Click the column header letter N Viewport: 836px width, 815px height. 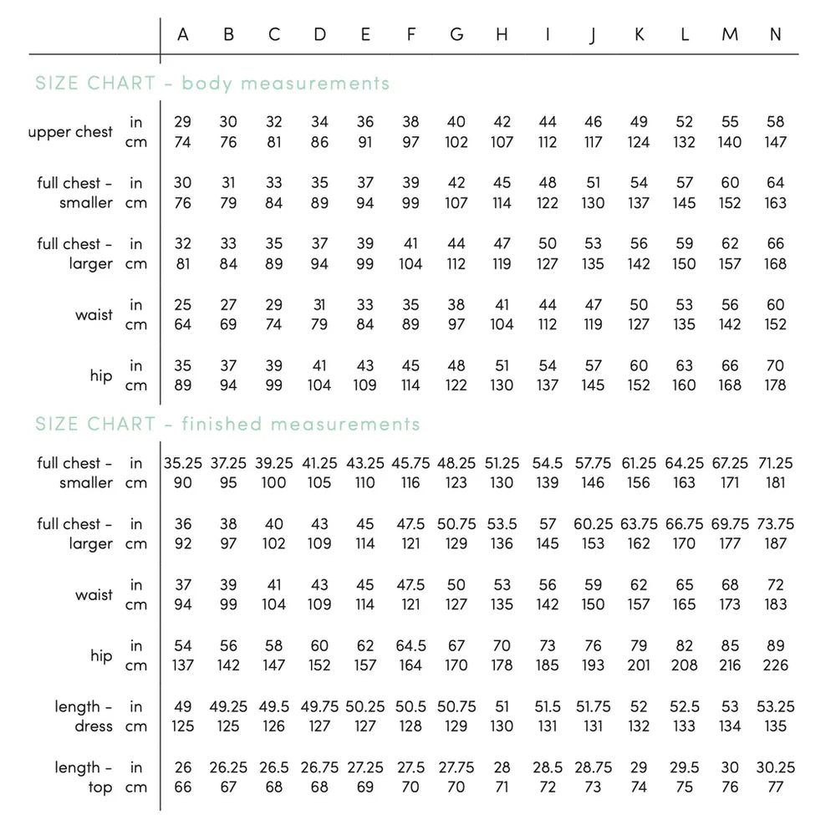coord(775,34)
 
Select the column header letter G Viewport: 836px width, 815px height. coord(456,34)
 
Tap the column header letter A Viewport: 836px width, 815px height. coord(183,34)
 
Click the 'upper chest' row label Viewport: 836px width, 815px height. coord(70,132)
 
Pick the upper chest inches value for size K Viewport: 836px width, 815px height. coord(639,122)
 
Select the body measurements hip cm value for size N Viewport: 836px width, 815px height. coord(775,385)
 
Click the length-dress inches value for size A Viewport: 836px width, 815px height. coord(183,706)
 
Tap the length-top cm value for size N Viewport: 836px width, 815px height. coord(775,787)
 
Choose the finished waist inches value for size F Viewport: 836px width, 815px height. coord(410,585)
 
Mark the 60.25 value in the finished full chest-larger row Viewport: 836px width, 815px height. coord(593,524)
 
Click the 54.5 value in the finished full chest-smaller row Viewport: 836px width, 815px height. coord(548,463)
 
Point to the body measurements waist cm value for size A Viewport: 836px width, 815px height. coord(183,324)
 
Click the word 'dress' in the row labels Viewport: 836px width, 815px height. coord(94,726)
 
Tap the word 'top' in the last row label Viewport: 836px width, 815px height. coord(100,787)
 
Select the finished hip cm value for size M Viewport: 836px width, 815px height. coord(730,665)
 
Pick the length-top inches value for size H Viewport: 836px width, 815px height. coord(502,767)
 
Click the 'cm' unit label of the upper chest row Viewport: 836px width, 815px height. coord(135,142)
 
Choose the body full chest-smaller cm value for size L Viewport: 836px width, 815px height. coord(684,202)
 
